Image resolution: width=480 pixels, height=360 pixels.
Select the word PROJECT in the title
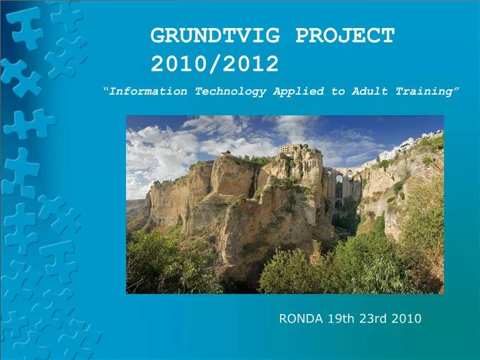345,35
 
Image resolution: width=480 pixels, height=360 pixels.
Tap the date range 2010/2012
215,64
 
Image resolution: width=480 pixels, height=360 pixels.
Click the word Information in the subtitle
148,91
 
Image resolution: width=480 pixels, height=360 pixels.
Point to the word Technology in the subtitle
230,91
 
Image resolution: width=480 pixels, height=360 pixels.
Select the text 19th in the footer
342,319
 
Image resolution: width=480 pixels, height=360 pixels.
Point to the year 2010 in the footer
406,319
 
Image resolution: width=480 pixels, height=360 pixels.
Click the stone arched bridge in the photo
340,183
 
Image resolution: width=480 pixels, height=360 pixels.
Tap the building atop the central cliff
291,148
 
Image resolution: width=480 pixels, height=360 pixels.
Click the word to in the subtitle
338,91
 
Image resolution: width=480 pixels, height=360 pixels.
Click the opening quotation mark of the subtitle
106,89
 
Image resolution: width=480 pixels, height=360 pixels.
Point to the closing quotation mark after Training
457,89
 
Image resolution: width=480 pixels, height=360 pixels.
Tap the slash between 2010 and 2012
215,64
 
